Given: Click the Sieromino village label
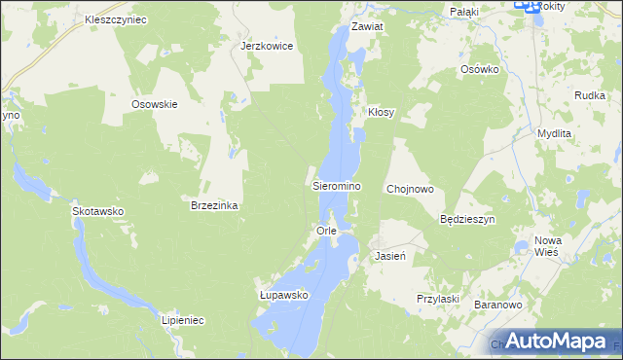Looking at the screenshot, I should point(337,185).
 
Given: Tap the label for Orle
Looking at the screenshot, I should point(326,231).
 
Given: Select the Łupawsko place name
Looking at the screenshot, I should point(283,294).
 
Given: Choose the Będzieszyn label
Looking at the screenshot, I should point(468,220).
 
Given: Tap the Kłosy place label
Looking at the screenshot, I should point(381,113).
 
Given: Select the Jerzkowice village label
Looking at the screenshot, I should point(267,46).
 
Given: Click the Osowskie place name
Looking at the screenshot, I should point(155,104).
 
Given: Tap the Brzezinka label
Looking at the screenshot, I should point(215,206).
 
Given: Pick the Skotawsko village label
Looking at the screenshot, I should point(97,210).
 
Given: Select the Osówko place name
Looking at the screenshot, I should point(480,70).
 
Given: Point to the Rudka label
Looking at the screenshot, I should point(591,95).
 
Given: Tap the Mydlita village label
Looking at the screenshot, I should point(554,132).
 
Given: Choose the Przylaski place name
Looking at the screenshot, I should point(437,299).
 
